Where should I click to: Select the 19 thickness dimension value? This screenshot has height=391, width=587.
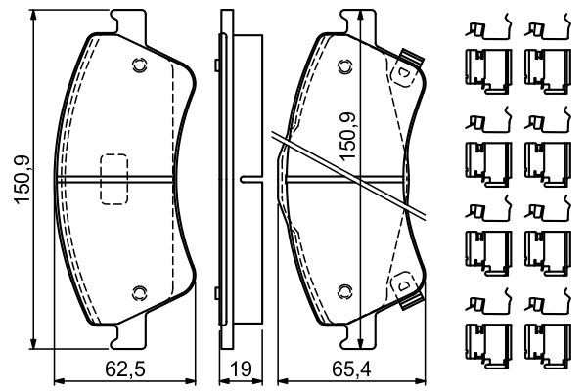click(x=239, y=370)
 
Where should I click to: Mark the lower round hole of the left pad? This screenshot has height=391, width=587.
click(x=137, y=291)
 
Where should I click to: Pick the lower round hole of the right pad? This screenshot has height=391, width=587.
click(x=344, y=291)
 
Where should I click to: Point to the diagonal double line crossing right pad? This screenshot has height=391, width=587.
click(x=352, y=176)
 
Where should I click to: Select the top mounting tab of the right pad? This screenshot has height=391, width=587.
click(x=344, y=20)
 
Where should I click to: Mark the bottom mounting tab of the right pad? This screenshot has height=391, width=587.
click(x=344, y=339)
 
